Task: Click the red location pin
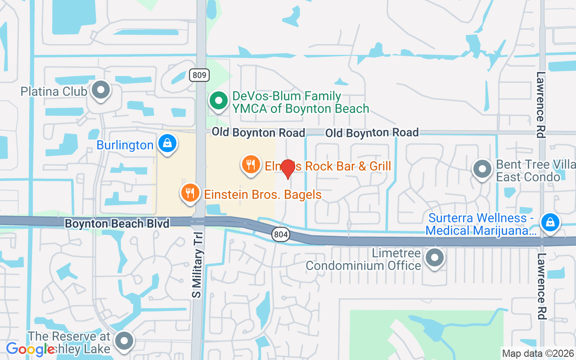tap(288, 169)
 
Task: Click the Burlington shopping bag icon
tap(167, 144)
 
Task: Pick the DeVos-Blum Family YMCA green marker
tap(219, 101)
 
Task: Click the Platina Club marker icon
tap(101, 90)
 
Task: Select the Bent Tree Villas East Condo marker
tap(483, 170)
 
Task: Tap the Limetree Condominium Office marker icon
tap(434, 258)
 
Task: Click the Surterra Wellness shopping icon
tap(550, 222)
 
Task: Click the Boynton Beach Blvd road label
tap(117, 224)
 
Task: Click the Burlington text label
tap(125, 145)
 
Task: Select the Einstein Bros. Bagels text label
tap(263, 194)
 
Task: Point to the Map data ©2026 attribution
tap(538, 353)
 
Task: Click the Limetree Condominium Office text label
tap(364, 260)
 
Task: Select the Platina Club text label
tap(54, 91)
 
